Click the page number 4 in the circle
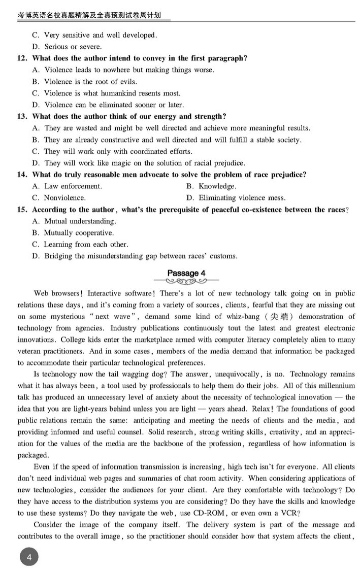[x=29, y=558]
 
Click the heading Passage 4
[x=186, y=274]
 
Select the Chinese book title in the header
[x=89, y=16]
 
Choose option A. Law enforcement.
[x=67, y=186]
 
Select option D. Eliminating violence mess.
[x=236, y=198]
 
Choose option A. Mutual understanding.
[x=74, y=221]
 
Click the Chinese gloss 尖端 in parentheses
[x=280, y=317]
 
